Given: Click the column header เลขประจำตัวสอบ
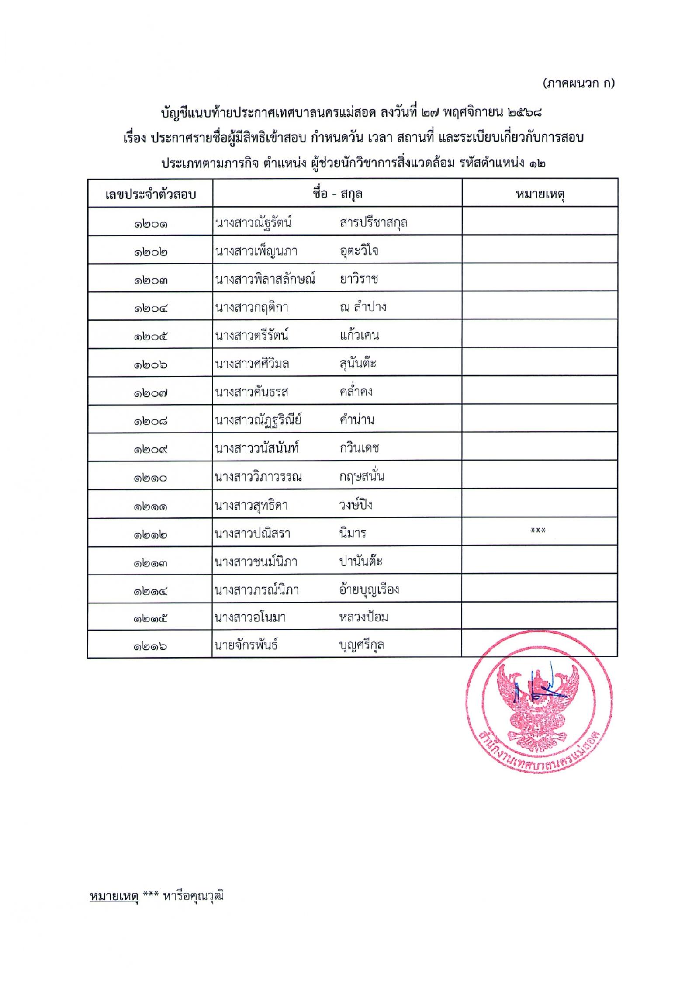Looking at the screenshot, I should coord(150,194).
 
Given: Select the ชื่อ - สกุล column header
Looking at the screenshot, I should coord(337,194).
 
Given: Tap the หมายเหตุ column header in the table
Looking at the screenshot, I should coord(540,194).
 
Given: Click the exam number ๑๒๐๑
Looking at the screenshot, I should coord(150,224).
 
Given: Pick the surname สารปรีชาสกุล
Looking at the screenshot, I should coord(373,223).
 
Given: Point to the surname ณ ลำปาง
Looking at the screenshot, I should coord(363,307).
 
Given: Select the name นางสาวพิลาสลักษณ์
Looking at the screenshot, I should coord(265,279).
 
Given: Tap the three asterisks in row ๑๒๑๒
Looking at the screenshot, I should coord(538,531).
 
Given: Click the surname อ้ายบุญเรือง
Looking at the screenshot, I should coord(369,590).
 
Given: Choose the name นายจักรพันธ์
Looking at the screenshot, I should coord(246,645).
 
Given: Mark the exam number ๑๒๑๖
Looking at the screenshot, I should coord(150,646).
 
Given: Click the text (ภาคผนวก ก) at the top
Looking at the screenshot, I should coord(578,83).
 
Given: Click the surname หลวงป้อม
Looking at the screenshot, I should coord(364,617).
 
